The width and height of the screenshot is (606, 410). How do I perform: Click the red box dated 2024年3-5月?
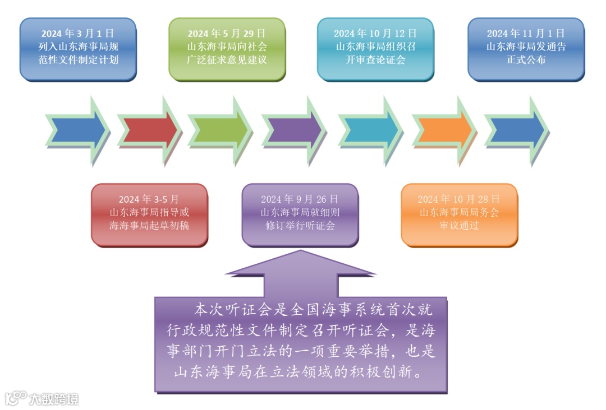(x=149, y=214)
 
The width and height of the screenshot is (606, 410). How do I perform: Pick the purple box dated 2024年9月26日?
(x=300, y=214)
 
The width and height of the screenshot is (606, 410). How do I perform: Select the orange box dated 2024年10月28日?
(x=459, y=214)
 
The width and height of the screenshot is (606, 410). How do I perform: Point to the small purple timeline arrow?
(x=293, y=130)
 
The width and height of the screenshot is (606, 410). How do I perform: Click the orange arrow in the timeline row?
(x=444, y=130)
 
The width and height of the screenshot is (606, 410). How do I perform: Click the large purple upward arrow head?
(x=301, y=267)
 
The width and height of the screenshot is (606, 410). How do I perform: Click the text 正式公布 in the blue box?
(x=526, y=60)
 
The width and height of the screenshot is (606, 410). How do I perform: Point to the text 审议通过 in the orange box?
(x=459, y=226)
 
